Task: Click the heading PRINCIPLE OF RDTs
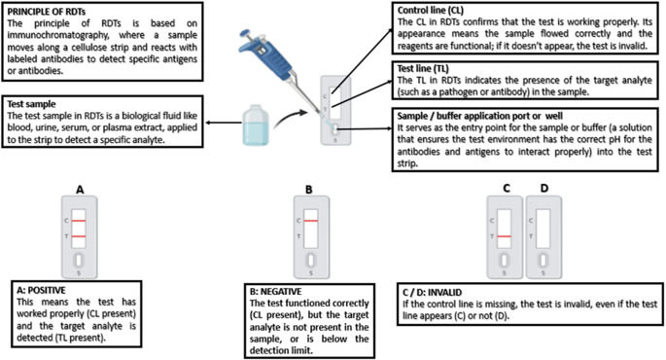(x=40, y=12)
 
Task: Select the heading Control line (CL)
(x=431, y=10)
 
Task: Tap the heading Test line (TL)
(x=423, y=68)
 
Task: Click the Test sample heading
(x=31, y=104)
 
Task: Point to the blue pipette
(x=276, y=68)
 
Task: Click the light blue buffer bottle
(x=256, y=126)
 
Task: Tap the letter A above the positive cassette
(x=80, y=190)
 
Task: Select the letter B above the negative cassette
(x=309, y=190)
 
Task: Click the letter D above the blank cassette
(x=544, y=188)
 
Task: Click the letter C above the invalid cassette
(x=506, y=188)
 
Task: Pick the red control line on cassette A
(x=79, y=221)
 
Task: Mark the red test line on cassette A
(x=79, y=236)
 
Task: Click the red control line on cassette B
(x=311, y=221)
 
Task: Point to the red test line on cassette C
(x=505, y=236)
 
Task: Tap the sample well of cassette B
(x=311, y=260)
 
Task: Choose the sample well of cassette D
(x=543, y=260)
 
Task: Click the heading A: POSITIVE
(x=41, y=291)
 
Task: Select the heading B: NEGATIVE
(x=276, y=292)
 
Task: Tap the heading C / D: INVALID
(x=432, y=293)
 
